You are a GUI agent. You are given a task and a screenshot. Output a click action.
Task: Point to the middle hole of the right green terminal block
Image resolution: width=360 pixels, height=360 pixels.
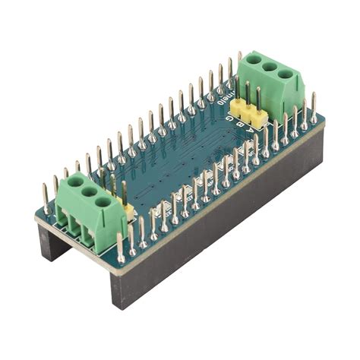click(270, 66)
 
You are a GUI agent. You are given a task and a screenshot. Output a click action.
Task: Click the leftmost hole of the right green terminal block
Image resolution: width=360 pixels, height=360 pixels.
click(254, 58)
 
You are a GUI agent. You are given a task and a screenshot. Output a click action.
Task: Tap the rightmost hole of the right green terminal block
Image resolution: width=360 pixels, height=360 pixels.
click(286, 74)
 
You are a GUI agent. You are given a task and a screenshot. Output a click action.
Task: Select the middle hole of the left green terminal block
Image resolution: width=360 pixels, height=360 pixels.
click(89, 192)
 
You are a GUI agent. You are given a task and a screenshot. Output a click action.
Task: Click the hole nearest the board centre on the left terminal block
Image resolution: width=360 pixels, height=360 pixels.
click(103, 202)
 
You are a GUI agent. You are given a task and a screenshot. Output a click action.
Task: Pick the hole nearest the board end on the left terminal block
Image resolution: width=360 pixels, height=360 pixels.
click(75, 183)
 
